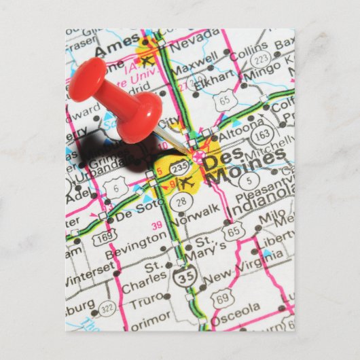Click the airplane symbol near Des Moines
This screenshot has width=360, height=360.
coord(187,181)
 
